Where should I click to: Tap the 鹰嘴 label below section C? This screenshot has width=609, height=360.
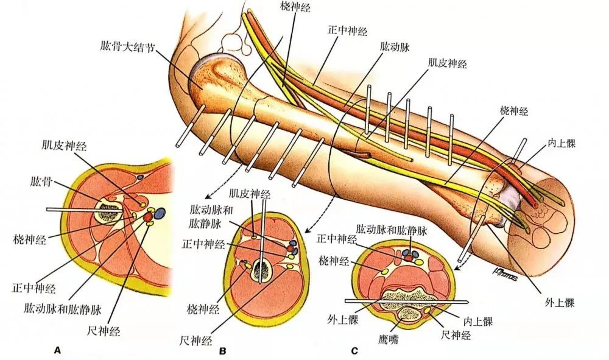388,339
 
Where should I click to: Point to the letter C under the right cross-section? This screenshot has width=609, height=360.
354,351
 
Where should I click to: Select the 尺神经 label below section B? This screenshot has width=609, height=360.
195,339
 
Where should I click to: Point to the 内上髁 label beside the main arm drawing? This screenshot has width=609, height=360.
561,144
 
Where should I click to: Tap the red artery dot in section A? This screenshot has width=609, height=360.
148,216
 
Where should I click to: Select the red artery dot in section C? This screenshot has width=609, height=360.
409,258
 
